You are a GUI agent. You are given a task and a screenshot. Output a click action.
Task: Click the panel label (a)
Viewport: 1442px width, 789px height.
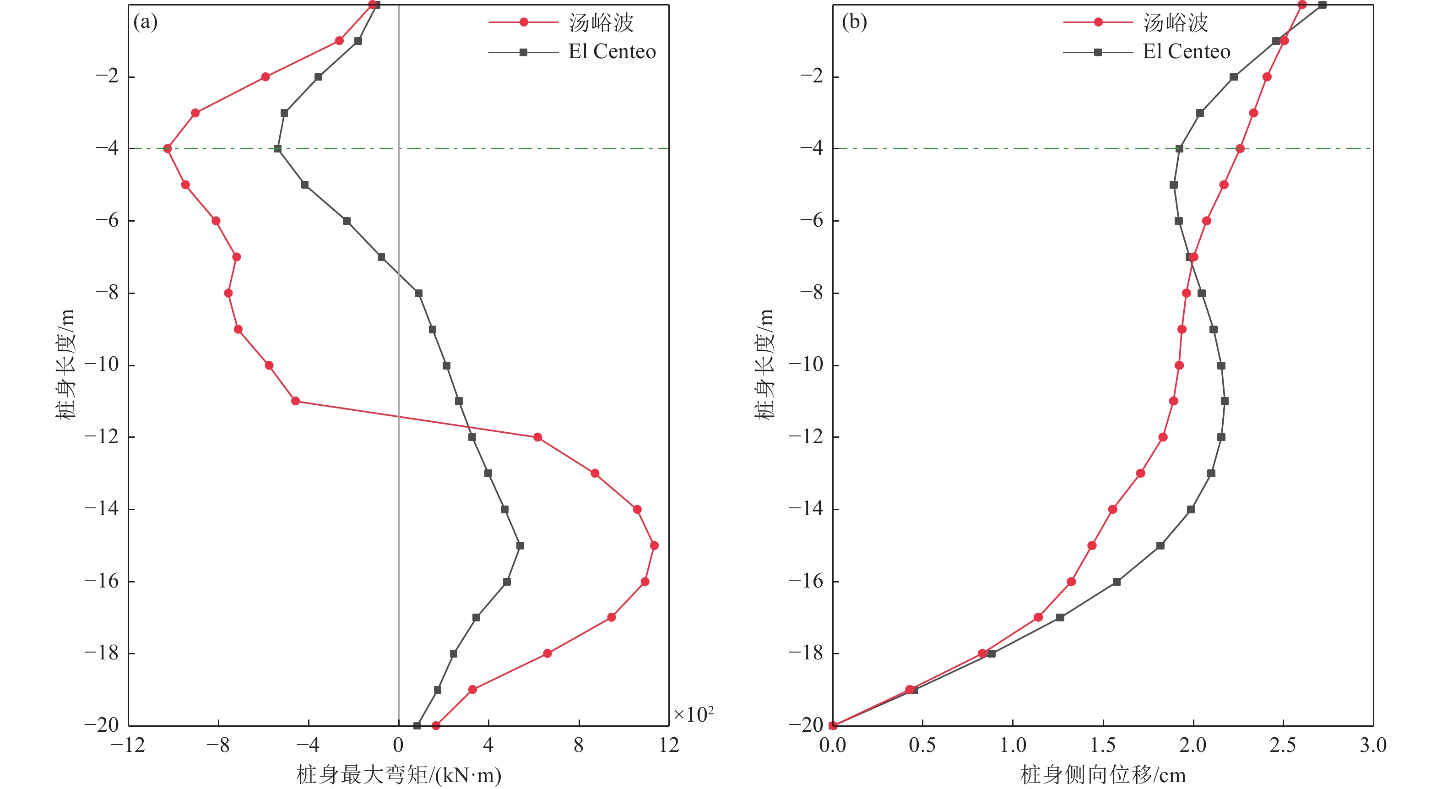coord(145,22)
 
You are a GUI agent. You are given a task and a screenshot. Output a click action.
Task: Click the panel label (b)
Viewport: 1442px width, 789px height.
coord(854,22)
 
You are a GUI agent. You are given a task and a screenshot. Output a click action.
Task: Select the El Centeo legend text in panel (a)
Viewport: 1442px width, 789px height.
coord(612,52)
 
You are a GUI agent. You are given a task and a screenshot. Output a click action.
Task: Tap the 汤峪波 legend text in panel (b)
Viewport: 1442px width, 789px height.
coord(1176,22)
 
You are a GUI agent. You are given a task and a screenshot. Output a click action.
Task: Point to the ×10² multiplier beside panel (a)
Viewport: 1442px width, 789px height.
coord(693,714)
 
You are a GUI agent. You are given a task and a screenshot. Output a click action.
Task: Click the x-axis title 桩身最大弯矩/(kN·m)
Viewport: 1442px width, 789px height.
coord(399,775)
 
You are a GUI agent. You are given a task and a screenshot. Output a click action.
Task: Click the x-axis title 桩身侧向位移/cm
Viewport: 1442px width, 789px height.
coord(1103,775)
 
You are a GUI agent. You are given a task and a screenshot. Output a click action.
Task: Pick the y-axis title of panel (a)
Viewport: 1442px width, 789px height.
coord(65,365)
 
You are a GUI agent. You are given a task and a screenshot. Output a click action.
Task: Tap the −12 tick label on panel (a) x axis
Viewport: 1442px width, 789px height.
coord(128,745)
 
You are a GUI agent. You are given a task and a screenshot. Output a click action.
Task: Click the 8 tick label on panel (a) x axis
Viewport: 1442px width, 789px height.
coord(579,745)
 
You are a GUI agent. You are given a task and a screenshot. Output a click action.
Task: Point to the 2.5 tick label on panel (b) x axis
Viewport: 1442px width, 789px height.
coord(1283,745)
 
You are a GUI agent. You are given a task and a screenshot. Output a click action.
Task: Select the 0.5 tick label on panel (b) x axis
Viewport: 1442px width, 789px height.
coord(922,745)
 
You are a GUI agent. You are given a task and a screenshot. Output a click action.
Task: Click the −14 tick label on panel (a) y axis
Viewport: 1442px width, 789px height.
coord(102,508)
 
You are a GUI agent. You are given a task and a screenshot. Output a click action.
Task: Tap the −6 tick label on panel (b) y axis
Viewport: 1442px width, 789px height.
coord(812,220)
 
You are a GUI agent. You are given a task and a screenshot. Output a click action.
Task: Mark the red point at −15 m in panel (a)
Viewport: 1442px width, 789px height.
coord(654,545)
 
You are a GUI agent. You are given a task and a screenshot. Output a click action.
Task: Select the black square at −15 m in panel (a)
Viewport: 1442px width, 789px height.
coord(520,545)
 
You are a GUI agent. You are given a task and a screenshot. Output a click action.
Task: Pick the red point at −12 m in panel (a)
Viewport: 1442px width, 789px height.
coord(537,437)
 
